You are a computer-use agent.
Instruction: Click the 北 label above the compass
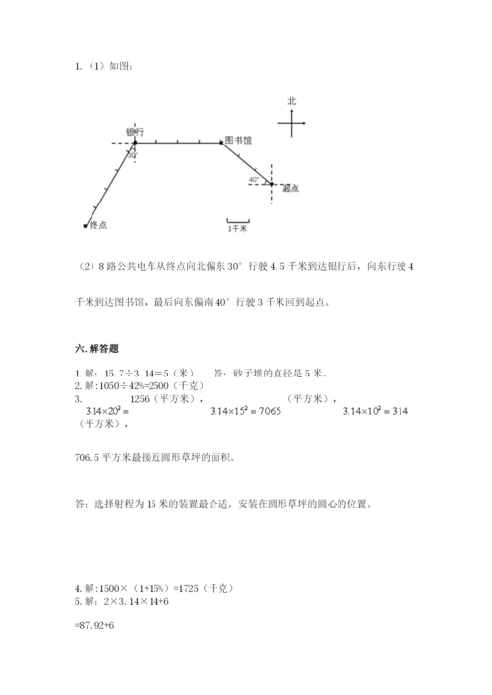point(292,101)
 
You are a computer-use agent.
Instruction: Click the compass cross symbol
point(292,123)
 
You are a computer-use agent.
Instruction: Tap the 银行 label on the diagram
point(136,132)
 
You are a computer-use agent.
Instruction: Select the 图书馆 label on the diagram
point(238,141)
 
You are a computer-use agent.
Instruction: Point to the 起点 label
point(290,188)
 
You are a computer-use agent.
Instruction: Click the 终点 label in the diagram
point(98,225)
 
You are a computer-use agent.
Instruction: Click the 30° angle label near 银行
point(132,154)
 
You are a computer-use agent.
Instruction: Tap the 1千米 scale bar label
point(237,227)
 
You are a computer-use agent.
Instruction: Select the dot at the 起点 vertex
point(273,184)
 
